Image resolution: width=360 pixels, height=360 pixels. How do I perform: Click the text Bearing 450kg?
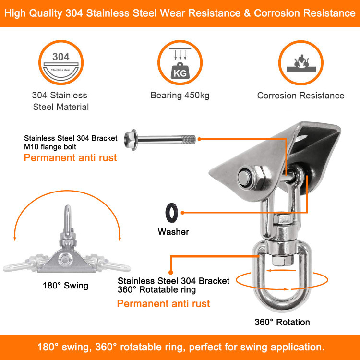(x=180, y=96)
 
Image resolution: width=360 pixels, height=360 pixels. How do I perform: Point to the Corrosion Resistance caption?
(x=300, y=96)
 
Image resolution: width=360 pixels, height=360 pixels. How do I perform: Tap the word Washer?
(x=173, y=232)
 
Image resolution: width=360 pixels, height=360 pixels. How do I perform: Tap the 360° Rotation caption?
(x=282, y=322)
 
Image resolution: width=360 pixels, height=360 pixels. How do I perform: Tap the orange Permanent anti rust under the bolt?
(x=70, y=157)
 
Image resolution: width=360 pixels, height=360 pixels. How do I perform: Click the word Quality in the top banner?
(x=47, y=13)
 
